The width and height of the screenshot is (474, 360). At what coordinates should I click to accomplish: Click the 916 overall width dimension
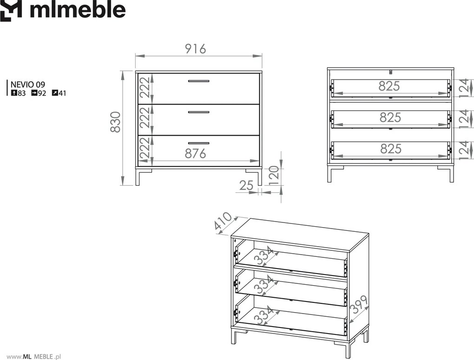tap(196, 49)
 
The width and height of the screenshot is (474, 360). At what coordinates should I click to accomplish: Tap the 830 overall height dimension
tap(115, 122)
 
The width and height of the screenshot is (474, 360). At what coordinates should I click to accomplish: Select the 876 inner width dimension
tap(195, 154)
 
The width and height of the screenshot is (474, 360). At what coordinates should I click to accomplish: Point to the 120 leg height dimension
tap(273, 175)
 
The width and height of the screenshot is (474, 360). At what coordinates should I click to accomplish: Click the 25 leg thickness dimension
tap(246, 185)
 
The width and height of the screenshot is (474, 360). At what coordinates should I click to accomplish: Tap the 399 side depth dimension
tap(359, 305)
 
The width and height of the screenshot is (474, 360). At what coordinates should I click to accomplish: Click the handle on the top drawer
tap(198, 81)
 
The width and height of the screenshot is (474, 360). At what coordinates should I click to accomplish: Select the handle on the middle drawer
tap(198, 112)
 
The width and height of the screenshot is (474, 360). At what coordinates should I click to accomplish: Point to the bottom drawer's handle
tap(198, 143)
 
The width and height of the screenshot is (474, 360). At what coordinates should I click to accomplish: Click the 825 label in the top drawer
tap(389, 86)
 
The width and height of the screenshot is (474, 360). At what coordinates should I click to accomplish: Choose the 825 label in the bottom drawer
tap(391, 149)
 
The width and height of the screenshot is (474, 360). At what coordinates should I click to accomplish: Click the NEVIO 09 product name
tap(28, 85)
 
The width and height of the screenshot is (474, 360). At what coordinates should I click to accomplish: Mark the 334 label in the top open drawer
tap(264, 256)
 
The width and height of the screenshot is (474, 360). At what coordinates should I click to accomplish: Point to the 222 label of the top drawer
tap(145, 87)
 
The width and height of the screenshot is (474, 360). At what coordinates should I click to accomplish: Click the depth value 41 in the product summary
tap(62, 93)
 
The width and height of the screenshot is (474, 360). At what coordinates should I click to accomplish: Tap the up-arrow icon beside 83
tap(13, 93)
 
